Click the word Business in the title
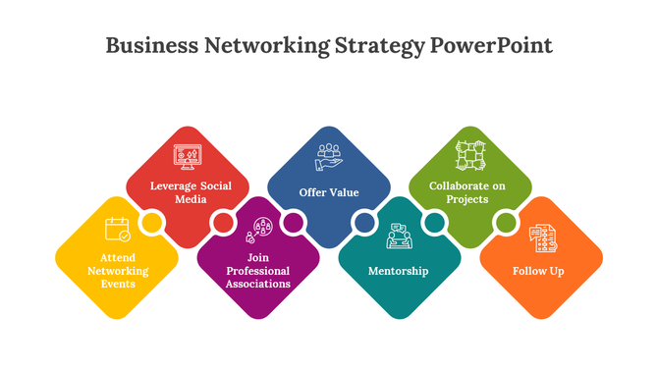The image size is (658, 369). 144,46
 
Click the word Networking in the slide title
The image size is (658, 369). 260,46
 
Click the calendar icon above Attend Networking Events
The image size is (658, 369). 118,230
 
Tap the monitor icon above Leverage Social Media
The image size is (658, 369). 187,156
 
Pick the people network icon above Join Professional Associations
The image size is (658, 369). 259,230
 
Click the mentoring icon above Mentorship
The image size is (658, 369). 399,237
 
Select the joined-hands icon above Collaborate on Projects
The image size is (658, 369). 470,155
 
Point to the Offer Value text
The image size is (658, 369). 328,192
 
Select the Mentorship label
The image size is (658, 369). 398,270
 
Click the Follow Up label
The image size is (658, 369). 539,270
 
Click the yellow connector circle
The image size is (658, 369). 152,224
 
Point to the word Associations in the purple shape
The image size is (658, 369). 257,284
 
